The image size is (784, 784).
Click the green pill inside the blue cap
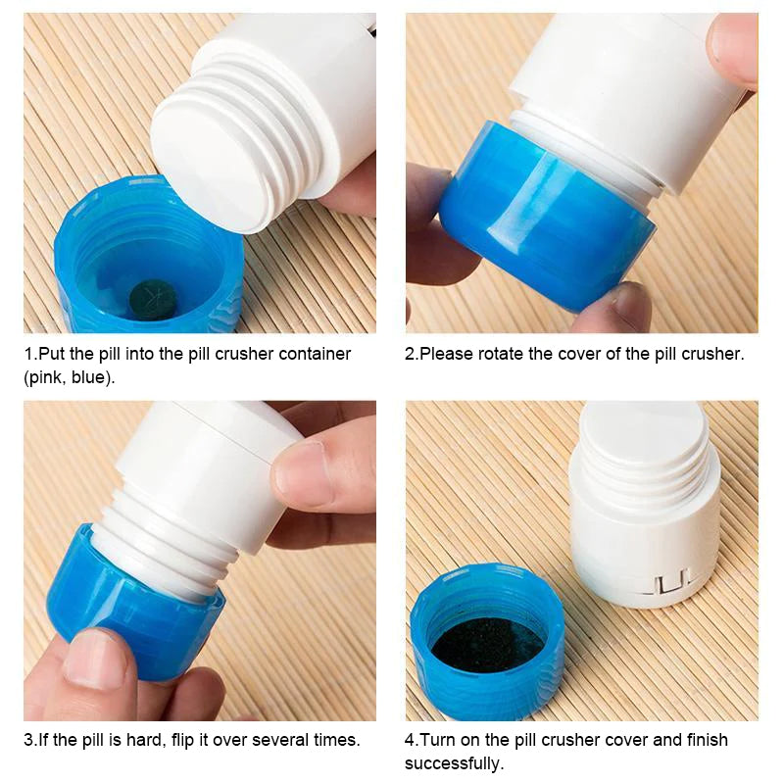[153, 300]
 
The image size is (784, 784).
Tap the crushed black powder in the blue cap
[487, 645]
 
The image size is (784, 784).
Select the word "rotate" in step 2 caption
[501, 354]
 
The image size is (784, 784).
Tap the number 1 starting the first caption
[29, 354]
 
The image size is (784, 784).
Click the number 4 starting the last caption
[410, 740]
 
